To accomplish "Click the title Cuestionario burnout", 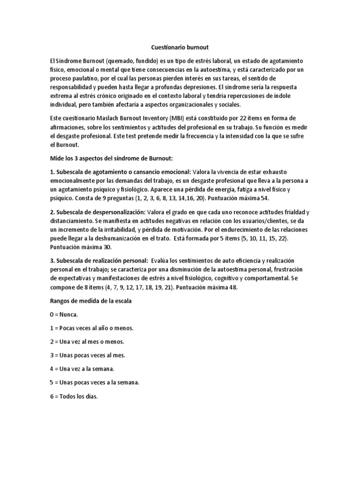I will (x=180, y=47).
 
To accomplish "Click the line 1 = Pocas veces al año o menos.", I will (x=91, y=328).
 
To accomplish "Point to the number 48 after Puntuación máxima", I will (x=232, y=287).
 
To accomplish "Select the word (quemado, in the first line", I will (x=121, y=61).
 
